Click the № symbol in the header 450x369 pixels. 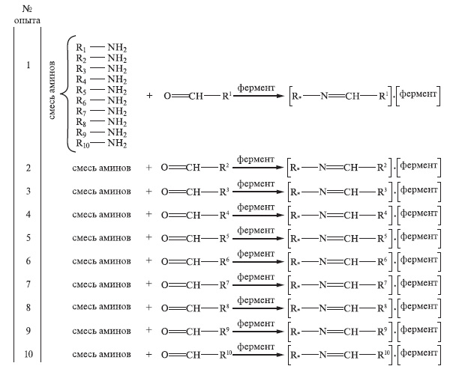click(x=27, y=9)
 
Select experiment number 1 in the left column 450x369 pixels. click(x=28, y=65)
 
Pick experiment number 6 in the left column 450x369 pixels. click(x=28, y=260)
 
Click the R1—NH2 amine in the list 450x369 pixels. click(x=100, y=46)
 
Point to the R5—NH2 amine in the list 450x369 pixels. click(x=100, y=89)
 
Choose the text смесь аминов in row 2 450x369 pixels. click(x=101, y=168)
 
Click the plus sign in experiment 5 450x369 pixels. click(x=148, y=237)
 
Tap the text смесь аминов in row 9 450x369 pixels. click(x=101, y=330)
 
